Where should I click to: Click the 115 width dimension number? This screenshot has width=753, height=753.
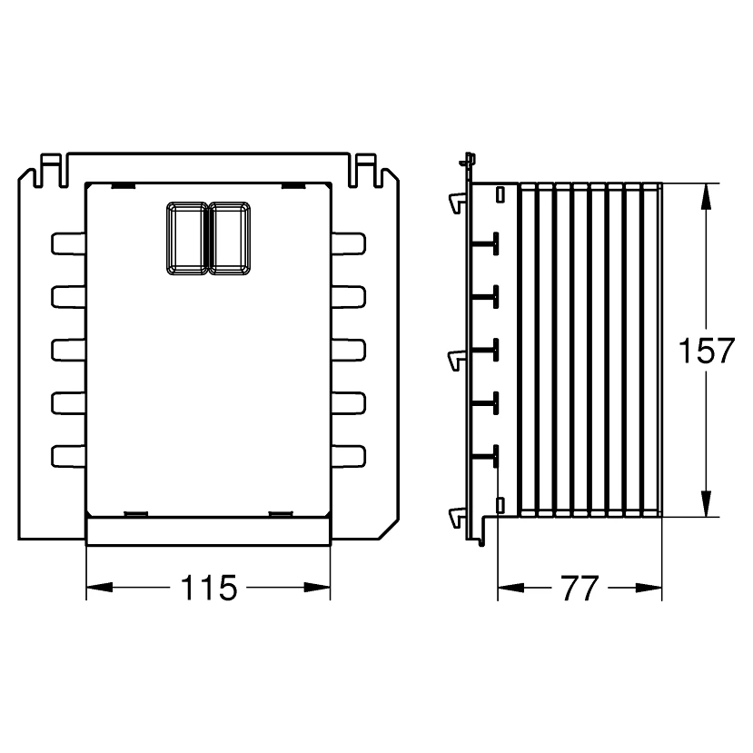209,588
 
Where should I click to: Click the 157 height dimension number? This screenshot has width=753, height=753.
707,350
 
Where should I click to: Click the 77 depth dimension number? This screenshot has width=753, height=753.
580,588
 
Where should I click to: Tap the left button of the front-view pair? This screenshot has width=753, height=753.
187,239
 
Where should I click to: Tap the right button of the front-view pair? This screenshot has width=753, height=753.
230,239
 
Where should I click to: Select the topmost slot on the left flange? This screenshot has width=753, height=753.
68,243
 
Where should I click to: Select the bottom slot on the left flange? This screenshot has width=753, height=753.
68,456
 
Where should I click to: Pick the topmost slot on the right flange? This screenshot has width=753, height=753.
349,243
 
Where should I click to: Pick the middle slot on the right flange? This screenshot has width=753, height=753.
349,350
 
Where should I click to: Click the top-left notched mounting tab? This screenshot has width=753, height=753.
51,170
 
